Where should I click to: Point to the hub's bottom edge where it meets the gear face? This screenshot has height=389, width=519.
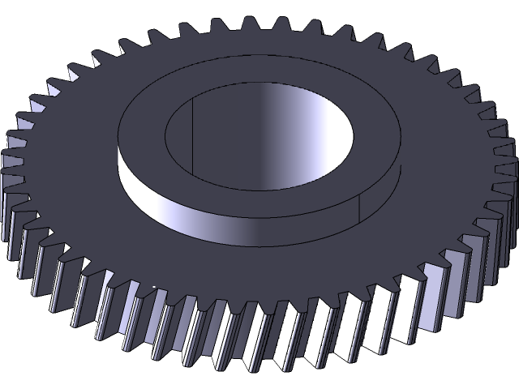click(x=259, y=243)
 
